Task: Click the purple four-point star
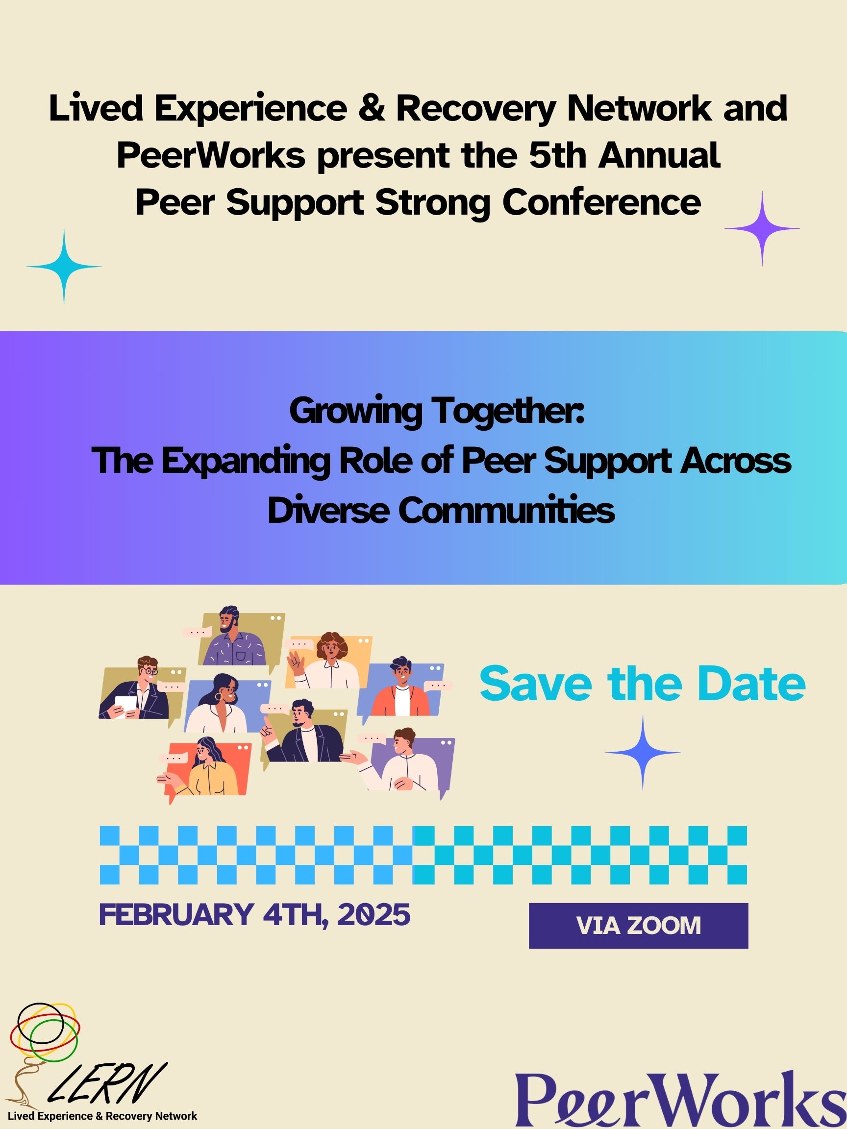[762, 229]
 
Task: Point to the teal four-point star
[64, 267]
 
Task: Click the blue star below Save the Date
[643, 753]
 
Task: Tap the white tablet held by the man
[125, 705]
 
